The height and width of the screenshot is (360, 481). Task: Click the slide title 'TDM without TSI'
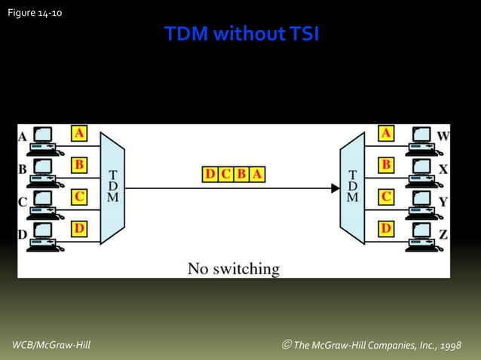pyautogui.click(x=241, y=35)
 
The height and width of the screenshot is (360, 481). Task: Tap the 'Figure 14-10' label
pyautogui.click(x=35, y=11)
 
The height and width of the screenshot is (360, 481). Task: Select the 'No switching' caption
pyautogui.click(x=233, y=267)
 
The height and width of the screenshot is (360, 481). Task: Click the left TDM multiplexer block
pyautogui.click(x=112, y=188)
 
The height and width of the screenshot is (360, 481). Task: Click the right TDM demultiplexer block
pyautogui.click(x=352, y=188)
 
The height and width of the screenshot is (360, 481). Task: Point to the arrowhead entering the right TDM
pyautogui.click(x=335, y=188)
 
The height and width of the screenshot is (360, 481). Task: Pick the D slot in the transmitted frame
pyautogui.click(x=210, y=175)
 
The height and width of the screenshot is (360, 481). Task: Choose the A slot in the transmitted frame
pyautogui.click(x=257, y=175)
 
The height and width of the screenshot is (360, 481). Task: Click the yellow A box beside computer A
pyautogui.click(x=78, y=133)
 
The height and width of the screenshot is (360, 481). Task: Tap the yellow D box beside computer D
pyautogui.click(x=78, y=227)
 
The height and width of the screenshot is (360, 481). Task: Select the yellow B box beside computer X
pyautogui.click(x=386, y=164)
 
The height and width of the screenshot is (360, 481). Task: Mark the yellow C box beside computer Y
pyautogui.click(x=386, y=197)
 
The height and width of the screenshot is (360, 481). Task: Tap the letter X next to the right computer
pyautogui.click(x=443, y=169)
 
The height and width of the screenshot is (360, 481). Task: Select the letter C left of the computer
pyautogui.click(x=23, y=202)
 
